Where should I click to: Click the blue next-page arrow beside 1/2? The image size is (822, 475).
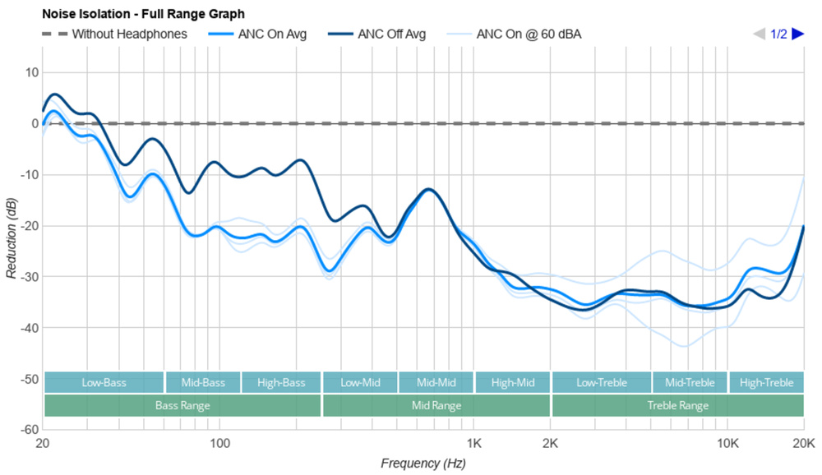pos(797,35)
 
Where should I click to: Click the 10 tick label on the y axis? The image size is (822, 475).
pos(32,72)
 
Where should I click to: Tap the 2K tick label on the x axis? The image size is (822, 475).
pos(550,443)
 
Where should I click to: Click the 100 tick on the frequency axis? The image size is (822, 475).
pos(219,443)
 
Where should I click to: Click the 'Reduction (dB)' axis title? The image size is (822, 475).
pos(11,237)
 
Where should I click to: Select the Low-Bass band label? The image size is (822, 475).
pos(104,383)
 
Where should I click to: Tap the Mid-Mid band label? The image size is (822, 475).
pos(436,383)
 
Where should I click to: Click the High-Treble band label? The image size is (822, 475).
pos(766,383)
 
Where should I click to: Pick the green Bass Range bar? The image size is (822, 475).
pos(182,406)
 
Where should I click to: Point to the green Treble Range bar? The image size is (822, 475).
pos(677,406)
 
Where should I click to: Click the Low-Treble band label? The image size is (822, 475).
pos(601,383)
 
